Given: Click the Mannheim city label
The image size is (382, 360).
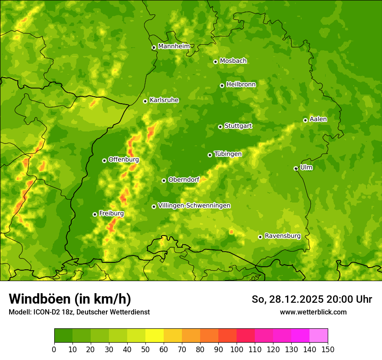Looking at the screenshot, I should coord(174,46).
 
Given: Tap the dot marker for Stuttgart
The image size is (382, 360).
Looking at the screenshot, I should coord(221,127).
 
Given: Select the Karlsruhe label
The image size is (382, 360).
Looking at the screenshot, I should coord(164,100).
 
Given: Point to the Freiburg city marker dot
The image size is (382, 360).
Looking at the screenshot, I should coord(95,214).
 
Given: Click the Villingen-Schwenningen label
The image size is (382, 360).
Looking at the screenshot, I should coord(194,206).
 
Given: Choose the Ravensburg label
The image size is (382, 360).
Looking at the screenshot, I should coord(283,236).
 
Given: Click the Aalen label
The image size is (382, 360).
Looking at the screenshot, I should coord(318,119).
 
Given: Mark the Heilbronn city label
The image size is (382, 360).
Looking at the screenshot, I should coord(241,85).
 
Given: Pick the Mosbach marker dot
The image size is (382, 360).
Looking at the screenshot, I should coord(215,62).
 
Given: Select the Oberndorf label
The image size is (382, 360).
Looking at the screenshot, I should coord(184,180).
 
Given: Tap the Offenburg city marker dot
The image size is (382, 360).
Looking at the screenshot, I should coord(104,160).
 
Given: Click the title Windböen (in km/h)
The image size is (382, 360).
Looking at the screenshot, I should coord(70,299).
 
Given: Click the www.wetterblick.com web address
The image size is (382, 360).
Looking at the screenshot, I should coord(313,312).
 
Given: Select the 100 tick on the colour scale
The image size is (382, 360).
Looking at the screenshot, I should coord(237,349).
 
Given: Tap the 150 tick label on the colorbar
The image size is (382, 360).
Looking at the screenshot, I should coord(328,349).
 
